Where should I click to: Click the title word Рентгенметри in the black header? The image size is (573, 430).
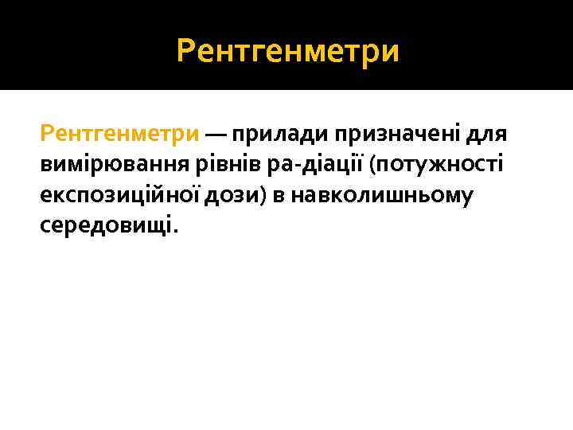click(287, 52)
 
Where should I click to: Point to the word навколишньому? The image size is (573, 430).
click(383, 196)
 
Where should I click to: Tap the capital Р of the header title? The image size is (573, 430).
click(185, 53)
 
